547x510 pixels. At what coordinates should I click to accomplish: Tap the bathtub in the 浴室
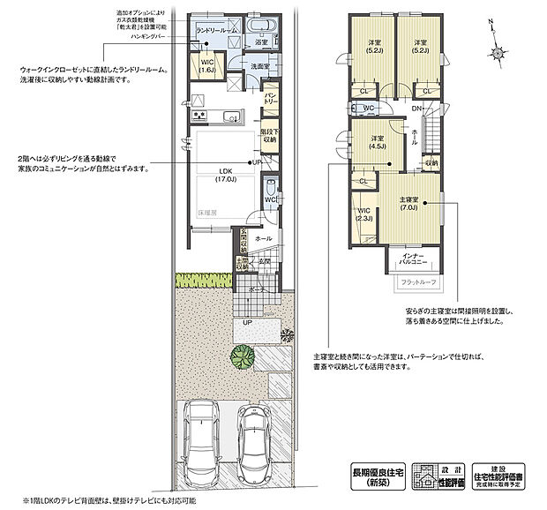(264, 25)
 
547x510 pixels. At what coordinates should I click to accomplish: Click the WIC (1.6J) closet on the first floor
(207, 69)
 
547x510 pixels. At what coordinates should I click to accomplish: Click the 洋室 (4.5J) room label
(377, 144)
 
